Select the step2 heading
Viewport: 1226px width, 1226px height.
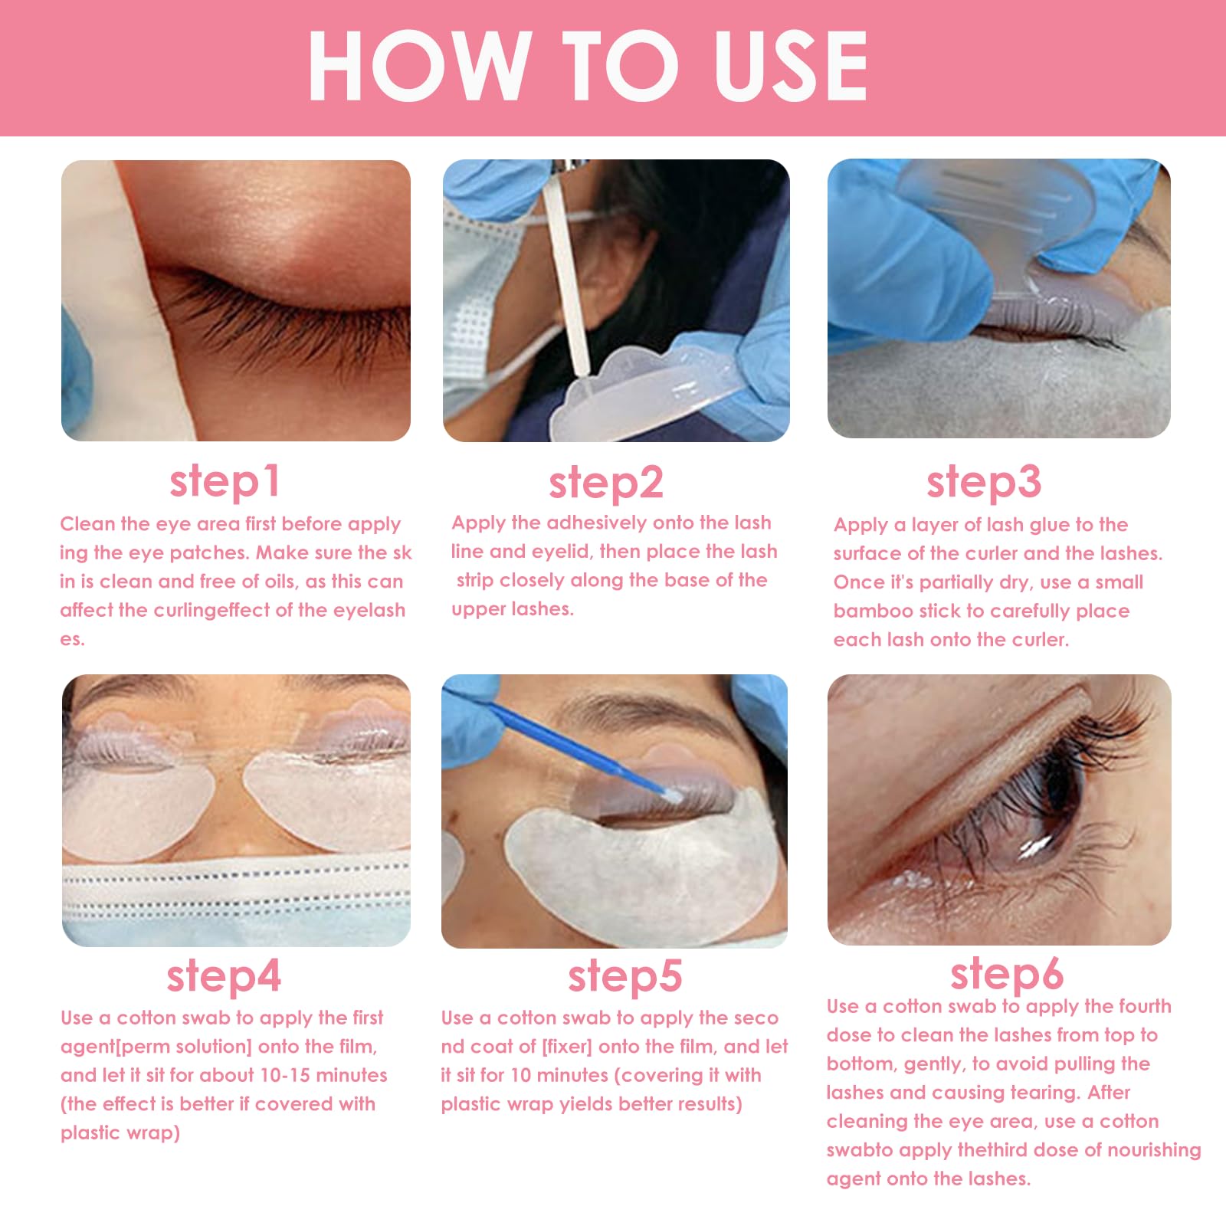point(605,483)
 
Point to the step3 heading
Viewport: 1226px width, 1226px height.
point(984,482)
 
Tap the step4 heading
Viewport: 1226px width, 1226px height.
point(224,976)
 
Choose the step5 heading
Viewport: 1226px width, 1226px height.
point(624,976)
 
